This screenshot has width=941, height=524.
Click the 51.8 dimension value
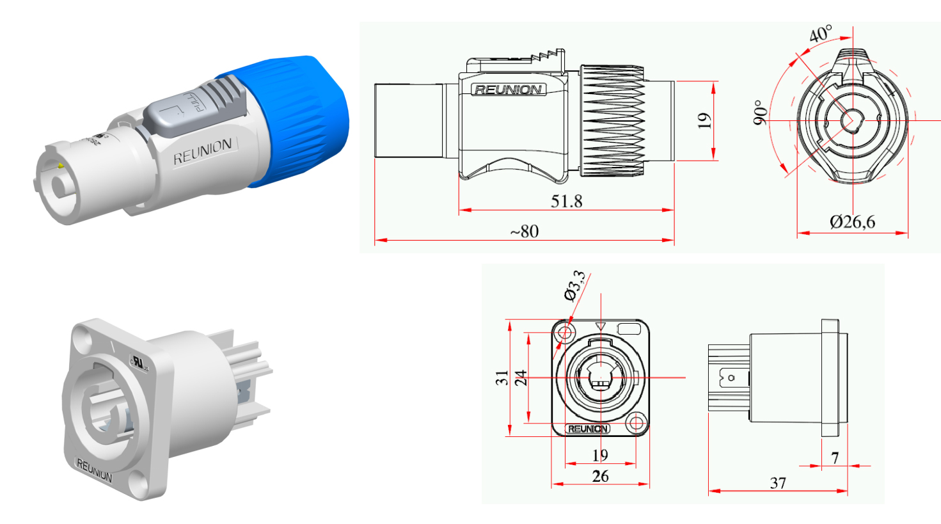click(566, 201)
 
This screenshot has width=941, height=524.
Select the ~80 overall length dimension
click(524, 231)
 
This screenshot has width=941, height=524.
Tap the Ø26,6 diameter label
click(852, 222)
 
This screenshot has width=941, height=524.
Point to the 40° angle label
click(821, 33)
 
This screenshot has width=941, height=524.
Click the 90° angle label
click(760, 112)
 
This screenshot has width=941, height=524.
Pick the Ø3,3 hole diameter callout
click(574, 285)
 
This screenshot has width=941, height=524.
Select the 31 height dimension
click(502, 377)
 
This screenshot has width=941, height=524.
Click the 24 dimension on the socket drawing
click(521, 377)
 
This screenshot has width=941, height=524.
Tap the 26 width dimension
click(600, 476)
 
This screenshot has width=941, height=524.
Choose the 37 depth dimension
click(778, 483)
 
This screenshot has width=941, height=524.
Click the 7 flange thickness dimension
click(835, 457)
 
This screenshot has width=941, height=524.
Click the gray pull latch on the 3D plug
click(195, 109)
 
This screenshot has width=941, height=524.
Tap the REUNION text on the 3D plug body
click(203, 152)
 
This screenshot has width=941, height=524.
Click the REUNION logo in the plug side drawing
click(509, 90)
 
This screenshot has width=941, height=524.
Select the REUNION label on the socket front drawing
click(587, 429)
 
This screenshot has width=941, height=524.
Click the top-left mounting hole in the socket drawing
click(564, 332)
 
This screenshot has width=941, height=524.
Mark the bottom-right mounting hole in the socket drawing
click(636, 422)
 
